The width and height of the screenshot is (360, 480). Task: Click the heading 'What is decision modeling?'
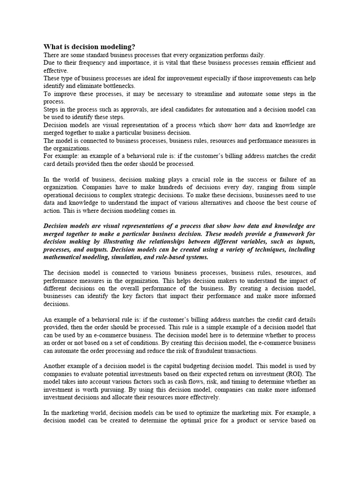pos(89,47)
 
